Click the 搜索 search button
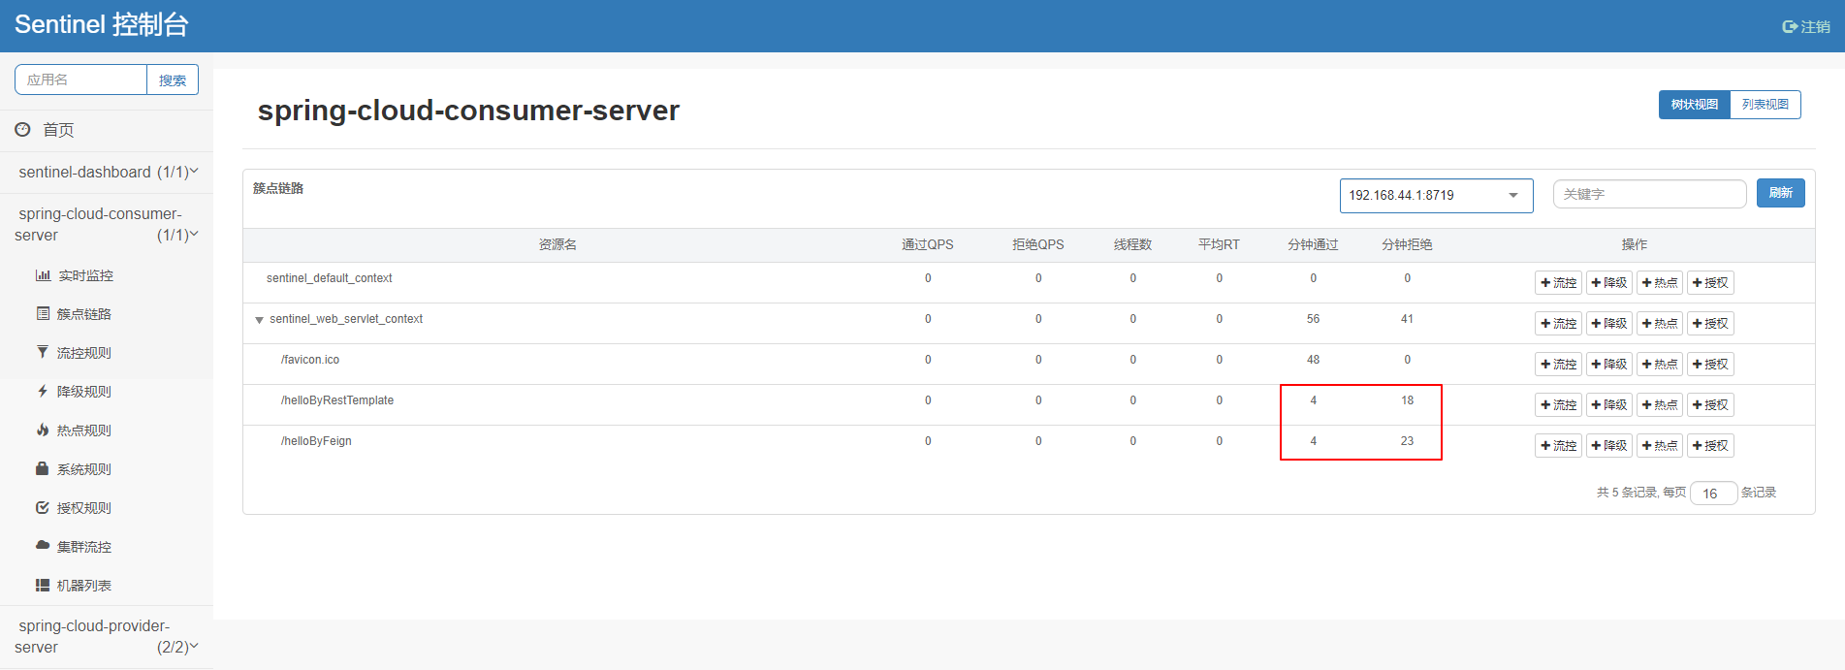pyautogui.click(x=173, y=80)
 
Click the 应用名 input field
pyautogui.click(x=80, y=80)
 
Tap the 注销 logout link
pyautogui.click(x=1806, y=26)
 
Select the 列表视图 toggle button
pyautogui.click(x=1765, y=105)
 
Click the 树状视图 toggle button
pyautogui.click(x=1695, y=105)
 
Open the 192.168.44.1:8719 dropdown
pyautogui.click(x=1436, y=195)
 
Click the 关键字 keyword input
pyautogui.click(x=1649, y=194)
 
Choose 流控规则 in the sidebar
pyautogui.click(x=83, y=353)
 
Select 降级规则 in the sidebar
pyautogui.click(x=83, y=392)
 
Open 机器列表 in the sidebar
pyautogui.click(x=83, y=586)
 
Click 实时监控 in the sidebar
pyautogui.click(x=85, y=275)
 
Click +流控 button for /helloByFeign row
pyautogui.click(x=1559, y=446)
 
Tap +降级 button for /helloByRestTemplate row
pyautogui.click(x=1609, y=405)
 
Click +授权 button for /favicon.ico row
pyautogui.click(x=1710, y=365)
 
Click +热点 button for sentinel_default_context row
pyautogui.click(x=1660, y=283)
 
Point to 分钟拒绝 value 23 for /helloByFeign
pyautogui.click(x=1407, y=441)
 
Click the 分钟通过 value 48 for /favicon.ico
pyautogui.click(x=1313, y=360)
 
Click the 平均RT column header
pyautogui.click(x=1219, y=244)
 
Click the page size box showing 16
pyautogui.click(x=1713, y=494)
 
